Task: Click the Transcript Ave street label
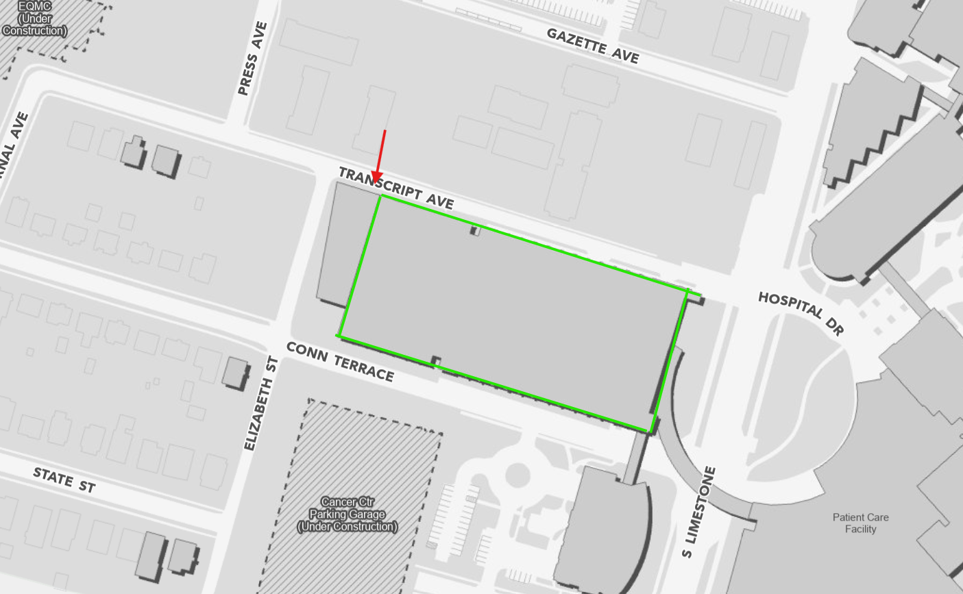pos(395,187)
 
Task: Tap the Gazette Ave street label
pos(593,46)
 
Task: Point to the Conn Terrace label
pos(340,361)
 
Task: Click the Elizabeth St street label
pos(261,404)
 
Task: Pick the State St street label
pos(64,480)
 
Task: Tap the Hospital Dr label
pos(801,312)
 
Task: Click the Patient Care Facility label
pos(860,523)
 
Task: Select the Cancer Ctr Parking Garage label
pos(347,514)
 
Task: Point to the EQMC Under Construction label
pos(35,19)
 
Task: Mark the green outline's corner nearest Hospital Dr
pos(687,291)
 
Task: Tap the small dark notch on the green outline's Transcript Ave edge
pos(475,231)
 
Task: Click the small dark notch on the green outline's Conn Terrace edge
pos(435,361)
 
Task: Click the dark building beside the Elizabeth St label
pos(235,372)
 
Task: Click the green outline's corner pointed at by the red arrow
pos(380,196)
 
